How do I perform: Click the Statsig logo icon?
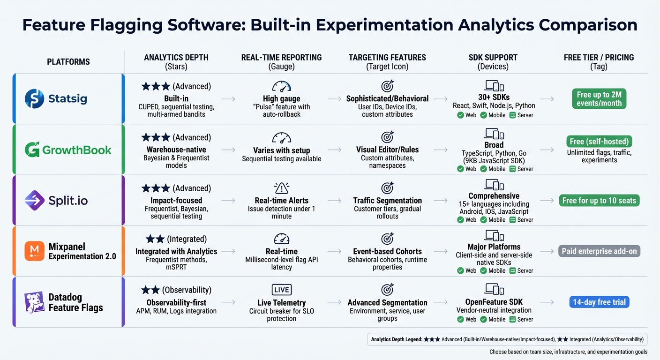[34, 99]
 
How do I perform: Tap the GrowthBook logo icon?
[32, 150]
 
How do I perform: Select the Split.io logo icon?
[34, 201]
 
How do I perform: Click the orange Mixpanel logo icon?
[34, 251]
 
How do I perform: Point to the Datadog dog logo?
[34, 302]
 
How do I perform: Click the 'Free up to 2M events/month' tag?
[599, 99]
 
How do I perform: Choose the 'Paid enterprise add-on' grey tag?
[599, 251]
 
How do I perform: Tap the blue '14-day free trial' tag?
[599, 302]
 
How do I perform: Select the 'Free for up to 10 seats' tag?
[599, 201]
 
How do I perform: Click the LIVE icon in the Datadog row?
[281, 290]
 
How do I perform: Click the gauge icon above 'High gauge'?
[281, 86]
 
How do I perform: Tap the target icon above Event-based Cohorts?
[387, 239]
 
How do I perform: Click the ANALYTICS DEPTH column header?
[176, 58]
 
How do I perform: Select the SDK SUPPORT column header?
[494, 58]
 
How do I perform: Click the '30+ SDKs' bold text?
[494, 97]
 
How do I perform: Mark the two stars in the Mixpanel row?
[155, 239]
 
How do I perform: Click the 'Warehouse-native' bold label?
[176, 150]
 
